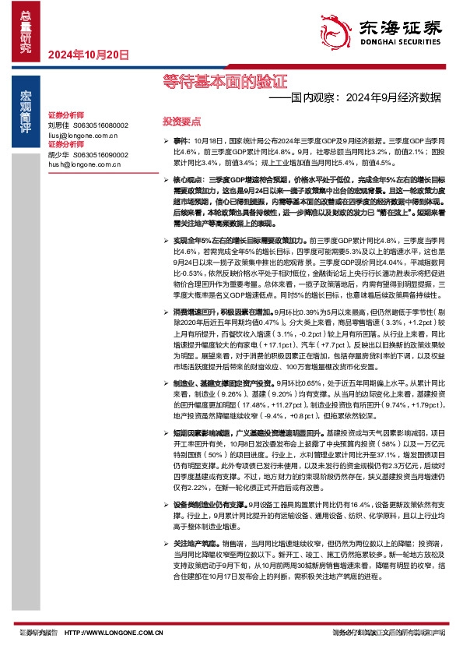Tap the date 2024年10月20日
point(88,55)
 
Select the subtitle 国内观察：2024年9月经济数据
point(355,98)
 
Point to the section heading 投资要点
point(181,122)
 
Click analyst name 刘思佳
point(59,125)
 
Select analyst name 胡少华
point(59,154)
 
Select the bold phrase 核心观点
point(188,179)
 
